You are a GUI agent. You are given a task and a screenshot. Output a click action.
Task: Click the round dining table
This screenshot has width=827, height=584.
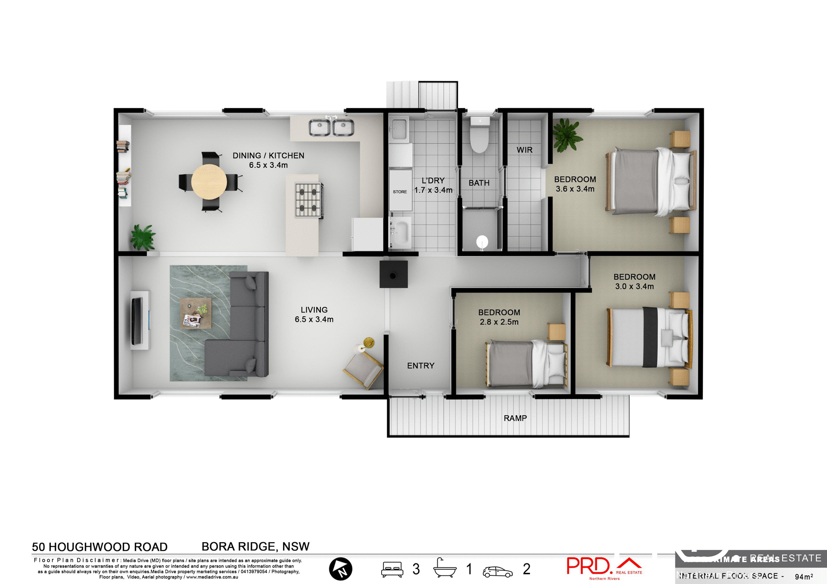209,182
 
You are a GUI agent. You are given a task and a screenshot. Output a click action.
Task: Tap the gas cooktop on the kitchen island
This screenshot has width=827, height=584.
308,200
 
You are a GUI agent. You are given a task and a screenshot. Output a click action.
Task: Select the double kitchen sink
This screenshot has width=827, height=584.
331,127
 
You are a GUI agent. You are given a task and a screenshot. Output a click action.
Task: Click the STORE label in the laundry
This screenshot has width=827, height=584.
400,192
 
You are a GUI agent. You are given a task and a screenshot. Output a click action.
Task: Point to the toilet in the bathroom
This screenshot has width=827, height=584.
479,135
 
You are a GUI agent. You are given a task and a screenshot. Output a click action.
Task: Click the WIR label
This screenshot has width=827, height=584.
524,150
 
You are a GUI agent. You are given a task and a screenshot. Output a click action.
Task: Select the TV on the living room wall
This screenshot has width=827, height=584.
137,321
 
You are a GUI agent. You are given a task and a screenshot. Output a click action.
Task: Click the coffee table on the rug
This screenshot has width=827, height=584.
196,313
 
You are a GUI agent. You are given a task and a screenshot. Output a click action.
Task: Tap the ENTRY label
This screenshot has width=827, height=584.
420,366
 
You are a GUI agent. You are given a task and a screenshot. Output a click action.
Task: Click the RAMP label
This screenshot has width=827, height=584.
515,418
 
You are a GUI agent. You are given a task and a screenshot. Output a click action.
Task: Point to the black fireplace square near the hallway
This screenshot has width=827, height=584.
393,275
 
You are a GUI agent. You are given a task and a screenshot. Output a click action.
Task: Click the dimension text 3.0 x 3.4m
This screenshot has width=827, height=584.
634,287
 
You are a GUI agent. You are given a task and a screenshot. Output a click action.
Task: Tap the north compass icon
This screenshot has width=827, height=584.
340,569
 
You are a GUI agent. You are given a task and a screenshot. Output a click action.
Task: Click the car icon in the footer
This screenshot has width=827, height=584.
497,572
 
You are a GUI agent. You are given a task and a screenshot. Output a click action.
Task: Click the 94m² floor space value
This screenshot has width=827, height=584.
803,577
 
